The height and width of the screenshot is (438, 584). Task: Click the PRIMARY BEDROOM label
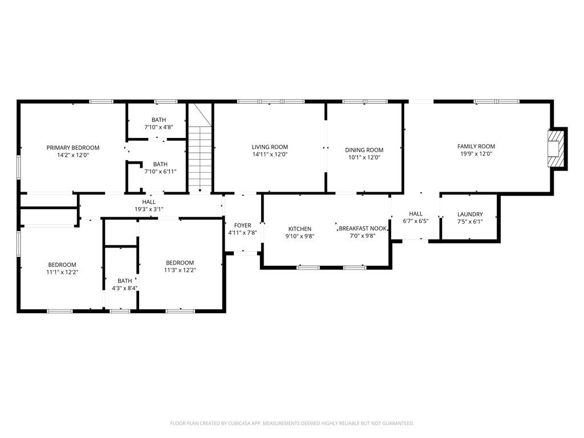click(x=73, y=148)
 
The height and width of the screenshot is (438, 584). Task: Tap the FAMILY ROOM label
click(x=476, y=147)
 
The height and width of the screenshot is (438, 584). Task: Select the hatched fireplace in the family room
click(x=555, y=148)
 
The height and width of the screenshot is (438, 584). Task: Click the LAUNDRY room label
click(x=470, y=214)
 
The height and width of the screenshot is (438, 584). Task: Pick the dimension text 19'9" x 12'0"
click(x=476, y=153)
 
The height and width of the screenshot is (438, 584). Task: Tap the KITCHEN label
click(x=300, y=229)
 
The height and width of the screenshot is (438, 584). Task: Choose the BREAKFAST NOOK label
click(x=363, y=228)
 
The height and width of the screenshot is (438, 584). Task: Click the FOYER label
click(x=242, y=225)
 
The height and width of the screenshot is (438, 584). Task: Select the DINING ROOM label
click(x=364, y=150)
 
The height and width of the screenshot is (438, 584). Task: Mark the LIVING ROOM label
click(x=270, y=147)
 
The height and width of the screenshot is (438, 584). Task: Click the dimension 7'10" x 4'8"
click(x=159, y=127)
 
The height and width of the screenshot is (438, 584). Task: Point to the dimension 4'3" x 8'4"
click(x=125, y=288)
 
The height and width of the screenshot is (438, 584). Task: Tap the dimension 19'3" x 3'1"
click(x=149, y=209)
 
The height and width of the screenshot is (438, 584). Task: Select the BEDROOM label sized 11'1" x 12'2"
click(x=62, y=265)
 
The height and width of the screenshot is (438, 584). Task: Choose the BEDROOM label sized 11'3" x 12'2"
click(x=180, y=262)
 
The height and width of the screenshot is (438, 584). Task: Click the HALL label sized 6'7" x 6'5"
click(x=416, y=214)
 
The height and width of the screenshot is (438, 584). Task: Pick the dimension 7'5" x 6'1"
click(x=470, y=222)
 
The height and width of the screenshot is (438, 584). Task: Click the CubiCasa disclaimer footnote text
click(x=292, y=423)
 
